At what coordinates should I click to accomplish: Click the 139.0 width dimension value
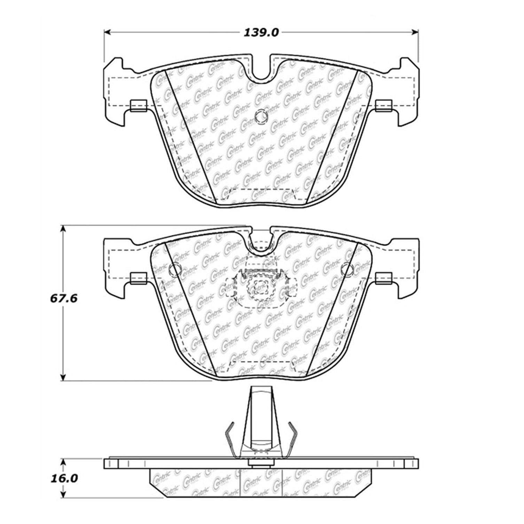(261, 33)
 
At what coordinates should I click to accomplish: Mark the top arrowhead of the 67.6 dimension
(63, 229)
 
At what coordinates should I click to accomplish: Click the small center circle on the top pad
(261, 117)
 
